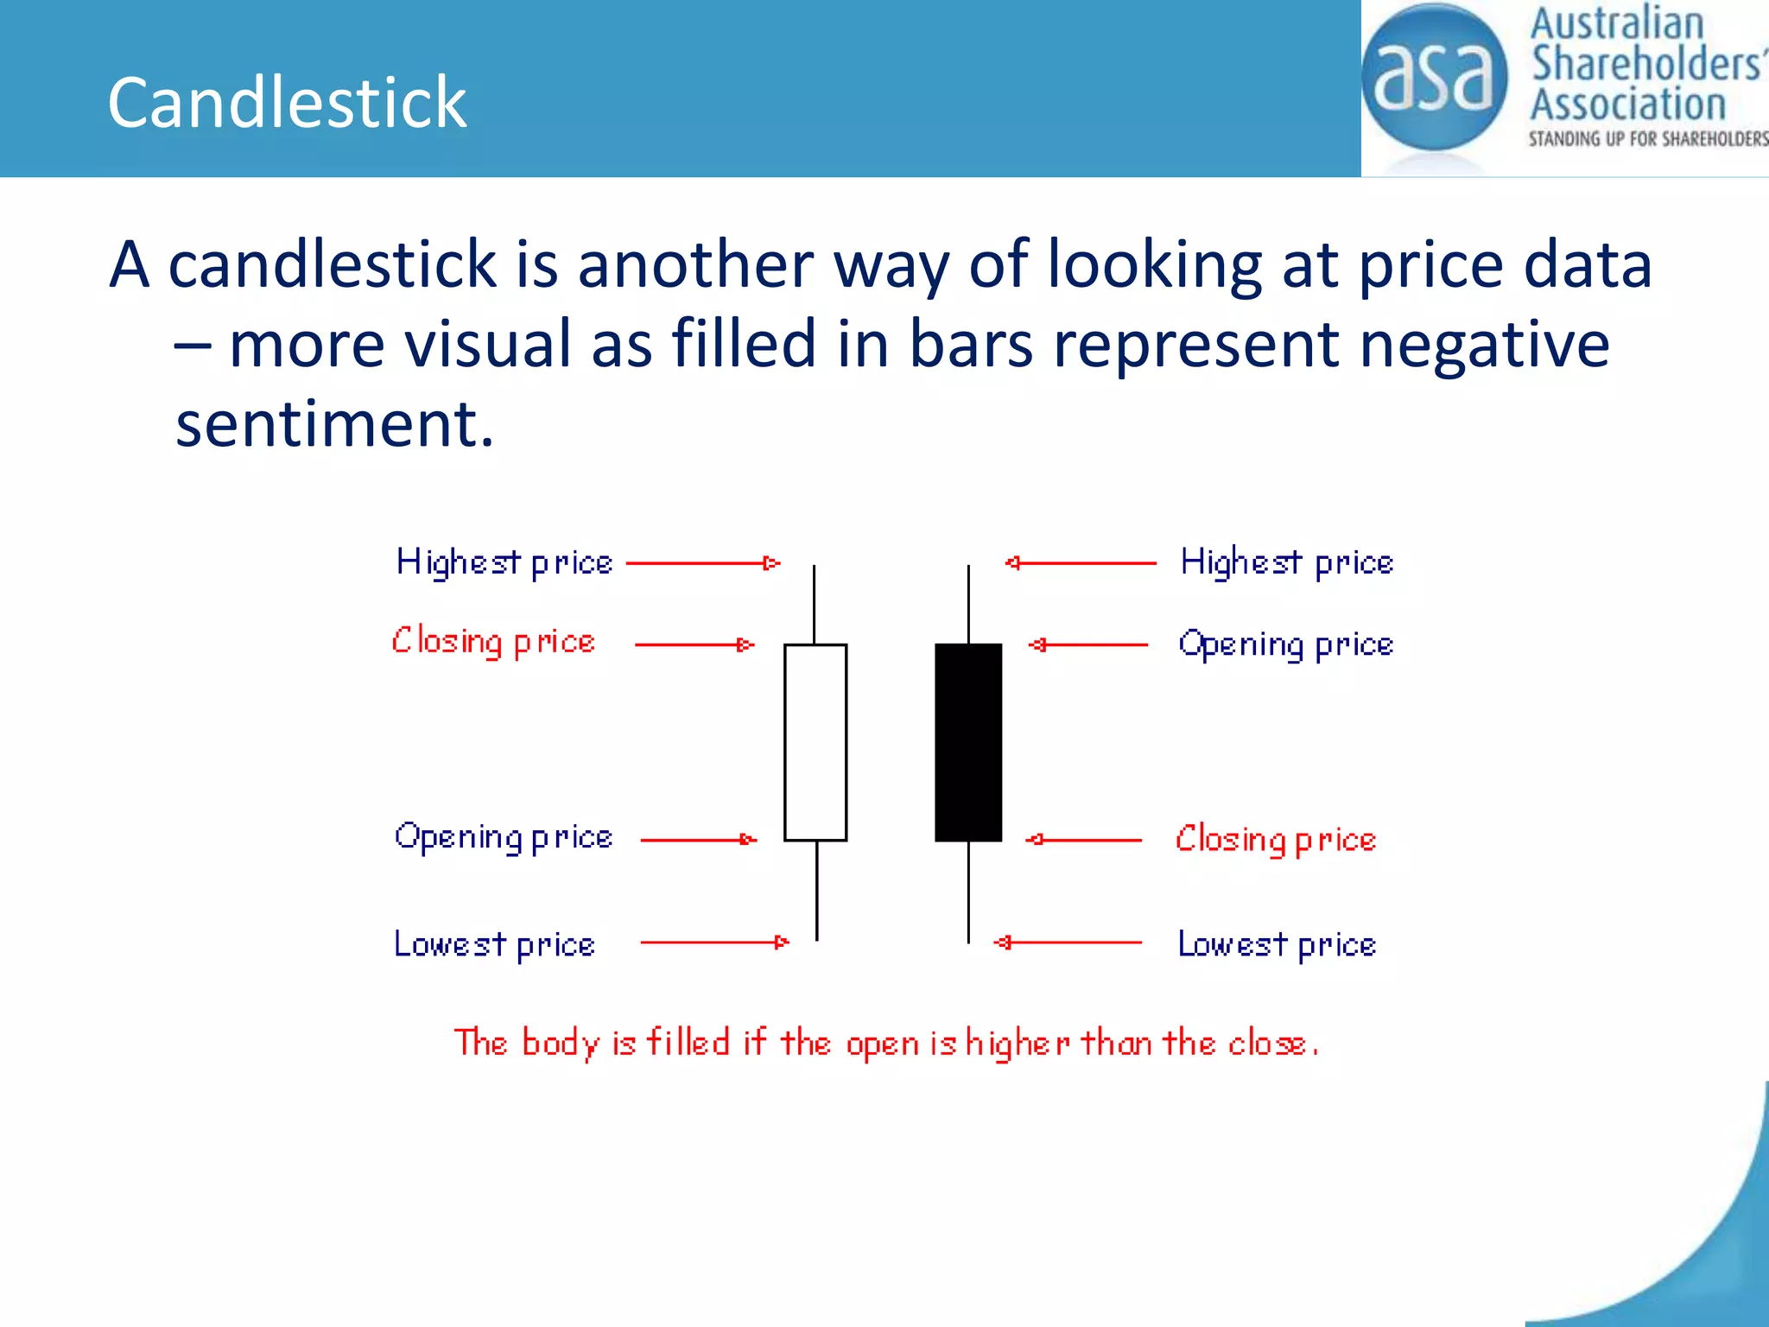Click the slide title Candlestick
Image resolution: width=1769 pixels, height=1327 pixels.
(287, 103)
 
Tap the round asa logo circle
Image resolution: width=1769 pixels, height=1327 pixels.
(1434, 78)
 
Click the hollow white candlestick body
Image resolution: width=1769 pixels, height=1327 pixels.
(815, 742)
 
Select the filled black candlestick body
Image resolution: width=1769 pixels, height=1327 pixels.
(968, 742)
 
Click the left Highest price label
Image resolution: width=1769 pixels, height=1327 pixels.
(504, 563)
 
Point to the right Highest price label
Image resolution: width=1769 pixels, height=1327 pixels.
(1286, 563)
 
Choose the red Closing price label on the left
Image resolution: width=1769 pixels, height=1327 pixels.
(493, 643)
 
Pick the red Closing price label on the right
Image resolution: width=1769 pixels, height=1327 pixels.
(1275, 840)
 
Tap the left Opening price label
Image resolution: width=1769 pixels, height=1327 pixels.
(504, 838)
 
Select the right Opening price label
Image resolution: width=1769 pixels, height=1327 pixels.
(1285, 645)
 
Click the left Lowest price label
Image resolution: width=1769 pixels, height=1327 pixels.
(494, 945)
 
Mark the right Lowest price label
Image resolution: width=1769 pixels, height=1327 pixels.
(1277, 945)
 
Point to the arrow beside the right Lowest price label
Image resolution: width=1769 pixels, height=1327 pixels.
(1068, 943)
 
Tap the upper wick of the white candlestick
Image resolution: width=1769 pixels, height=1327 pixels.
(814, 605)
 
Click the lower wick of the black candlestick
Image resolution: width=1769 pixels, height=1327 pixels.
(968, 892)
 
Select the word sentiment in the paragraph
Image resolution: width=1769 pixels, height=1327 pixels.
(334, 424)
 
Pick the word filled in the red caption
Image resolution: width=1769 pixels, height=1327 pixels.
(688, 1043)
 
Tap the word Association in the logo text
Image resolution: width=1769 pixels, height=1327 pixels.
(1628, 105)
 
